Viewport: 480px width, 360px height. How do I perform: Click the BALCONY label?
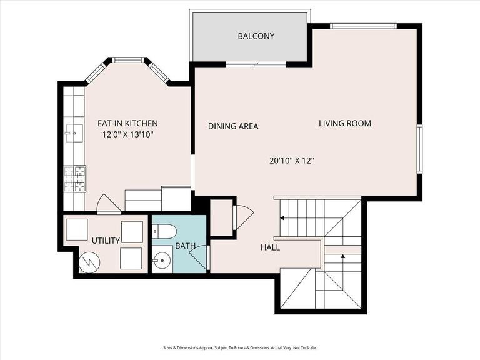point(256,36)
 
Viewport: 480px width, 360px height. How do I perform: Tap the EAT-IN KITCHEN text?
point(127,123)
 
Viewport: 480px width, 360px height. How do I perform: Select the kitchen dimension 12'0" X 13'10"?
point(127,134)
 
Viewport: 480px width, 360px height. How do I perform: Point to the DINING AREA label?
point(233,126)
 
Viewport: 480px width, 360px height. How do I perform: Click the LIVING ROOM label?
point(345,123)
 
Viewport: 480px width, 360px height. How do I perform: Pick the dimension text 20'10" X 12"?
point(292,161)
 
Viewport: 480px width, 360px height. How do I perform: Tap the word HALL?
point(270,247)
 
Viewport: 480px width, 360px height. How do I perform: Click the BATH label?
point(185,246)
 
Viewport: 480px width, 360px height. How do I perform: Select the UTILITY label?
point(106,241)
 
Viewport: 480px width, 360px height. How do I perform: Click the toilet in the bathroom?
point(164,231)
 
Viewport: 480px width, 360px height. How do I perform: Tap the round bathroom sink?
point(162,261)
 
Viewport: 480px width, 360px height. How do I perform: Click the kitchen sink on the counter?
point(74,133)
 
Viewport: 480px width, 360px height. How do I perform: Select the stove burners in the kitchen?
point(75,179)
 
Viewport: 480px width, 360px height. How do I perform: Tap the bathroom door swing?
point(198,257)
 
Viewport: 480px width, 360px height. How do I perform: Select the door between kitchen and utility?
point(109,204)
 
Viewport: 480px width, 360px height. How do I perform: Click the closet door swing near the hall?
point(244,217)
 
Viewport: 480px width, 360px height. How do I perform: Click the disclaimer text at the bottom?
point(240,347)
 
